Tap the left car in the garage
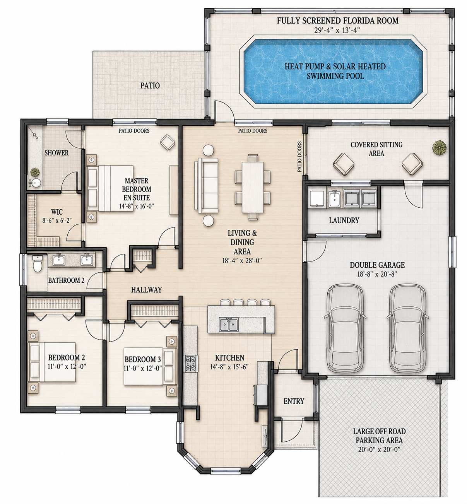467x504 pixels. tap(345, 328)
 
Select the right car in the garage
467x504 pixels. tap(408, 328)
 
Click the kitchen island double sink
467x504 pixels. tap(229, 325)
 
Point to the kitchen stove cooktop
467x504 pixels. tap(191, 364)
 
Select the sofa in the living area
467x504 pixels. tap(206, 186)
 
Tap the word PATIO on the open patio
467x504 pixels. tap(150, 85)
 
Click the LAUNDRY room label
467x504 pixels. tap(344, 220)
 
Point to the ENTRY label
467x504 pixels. tap(294, 401)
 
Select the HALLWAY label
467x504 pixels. tap(147, 290)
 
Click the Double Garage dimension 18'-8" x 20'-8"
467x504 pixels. tap(377, 274)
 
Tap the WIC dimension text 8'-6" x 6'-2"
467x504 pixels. tap(57, 220)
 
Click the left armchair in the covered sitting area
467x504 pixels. tap(344, 164)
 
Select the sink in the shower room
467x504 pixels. tap(36, 183)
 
